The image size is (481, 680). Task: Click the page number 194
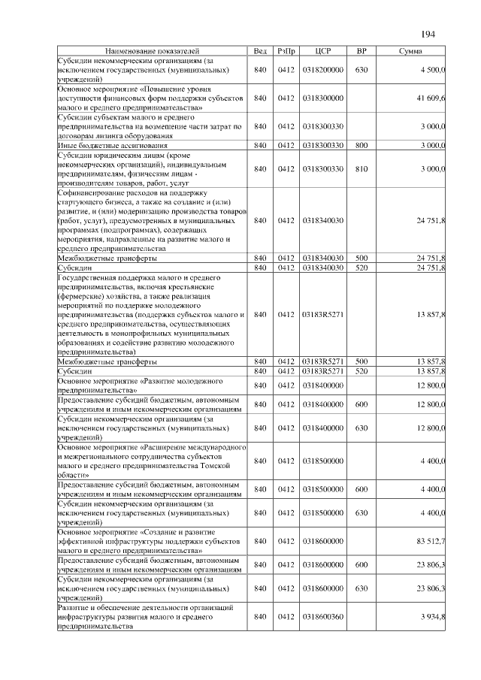pos(428,34)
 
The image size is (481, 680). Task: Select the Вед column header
pos(260,51)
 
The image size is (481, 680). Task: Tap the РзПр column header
pos(286,51)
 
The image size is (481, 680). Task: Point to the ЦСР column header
pos(323,51)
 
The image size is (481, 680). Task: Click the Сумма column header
pos(410,51)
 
